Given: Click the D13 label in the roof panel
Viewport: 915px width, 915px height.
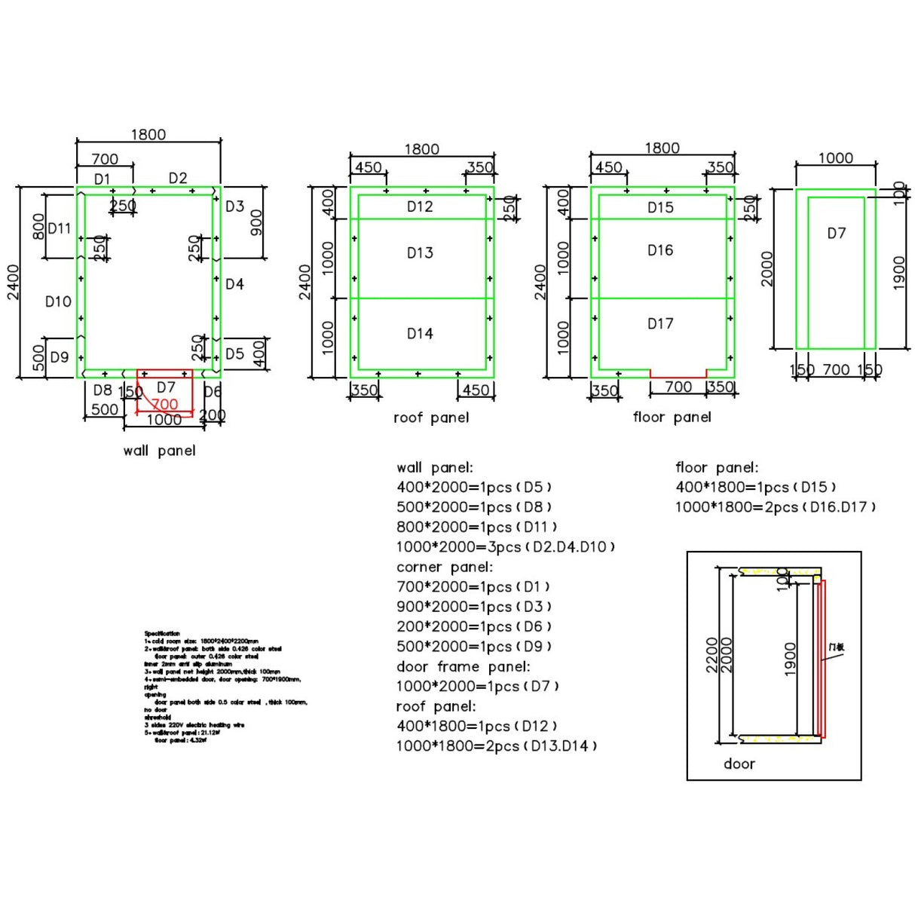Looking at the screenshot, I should (420, 253).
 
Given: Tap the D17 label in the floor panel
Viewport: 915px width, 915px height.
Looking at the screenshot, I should (660, 324).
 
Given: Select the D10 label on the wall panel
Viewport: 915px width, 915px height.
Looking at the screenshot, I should (58, 302).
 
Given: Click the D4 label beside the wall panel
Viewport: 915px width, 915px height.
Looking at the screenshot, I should (234, 285).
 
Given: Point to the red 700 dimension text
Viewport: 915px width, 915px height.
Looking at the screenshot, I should (164, 405).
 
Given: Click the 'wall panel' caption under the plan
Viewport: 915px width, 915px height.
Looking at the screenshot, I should (159, 451).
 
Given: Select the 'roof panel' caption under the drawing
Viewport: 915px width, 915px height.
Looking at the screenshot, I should (431, 418).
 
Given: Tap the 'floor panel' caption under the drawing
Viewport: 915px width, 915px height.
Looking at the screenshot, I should (672, 418).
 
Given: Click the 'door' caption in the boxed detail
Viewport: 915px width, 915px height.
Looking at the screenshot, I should (739, 764).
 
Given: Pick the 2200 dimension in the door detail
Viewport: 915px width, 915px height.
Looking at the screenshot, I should (711, 656).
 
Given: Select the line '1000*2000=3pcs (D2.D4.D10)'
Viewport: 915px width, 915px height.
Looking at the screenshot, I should (506, 547).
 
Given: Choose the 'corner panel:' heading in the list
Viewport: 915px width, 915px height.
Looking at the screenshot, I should (445, 567).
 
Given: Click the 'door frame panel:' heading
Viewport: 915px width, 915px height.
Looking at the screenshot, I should (463, 667).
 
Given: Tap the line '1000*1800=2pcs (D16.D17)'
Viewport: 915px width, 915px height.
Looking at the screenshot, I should (776, 507).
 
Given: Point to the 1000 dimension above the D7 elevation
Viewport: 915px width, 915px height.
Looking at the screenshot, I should (835, 158).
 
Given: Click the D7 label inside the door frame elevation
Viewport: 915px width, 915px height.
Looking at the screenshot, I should (837, 234).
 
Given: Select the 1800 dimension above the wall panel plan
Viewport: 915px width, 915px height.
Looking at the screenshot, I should (148, 135).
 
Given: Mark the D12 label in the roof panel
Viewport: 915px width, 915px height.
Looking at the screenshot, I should (420, 207).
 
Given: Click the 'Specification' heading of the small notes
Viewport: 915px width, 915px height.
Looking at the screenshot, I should (162, 634).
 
